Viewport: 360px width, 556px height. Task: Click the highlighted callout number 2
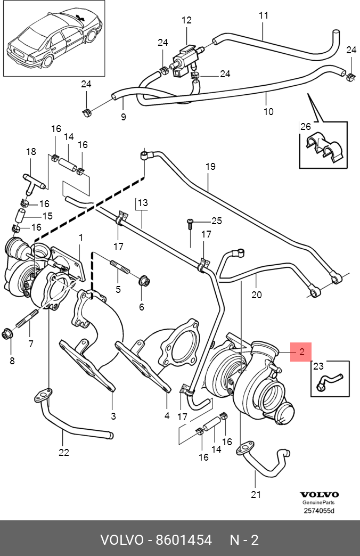301,351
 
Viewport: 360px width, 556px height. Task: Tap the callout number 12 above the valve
186,21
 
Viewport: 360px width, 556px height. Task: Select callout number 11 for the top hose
264,15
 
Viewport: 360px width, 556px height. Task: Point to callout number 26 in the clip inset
305,127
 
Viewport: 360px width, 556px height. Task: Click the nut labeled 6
144,281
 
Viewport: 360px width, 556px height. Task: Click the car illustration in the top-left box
53,37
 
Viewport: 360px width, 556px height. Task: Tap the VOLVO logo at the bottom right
319,495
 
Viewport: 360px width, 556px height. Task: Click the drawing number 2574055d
319,511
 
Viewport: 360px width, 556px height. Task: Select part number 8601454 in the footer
184,540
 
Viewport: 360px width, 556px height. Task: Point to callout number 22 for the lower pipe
64,453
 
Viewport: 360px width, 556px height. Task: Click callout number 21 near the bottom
256,495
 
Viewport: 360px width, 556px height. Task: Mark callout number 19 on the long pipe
210,167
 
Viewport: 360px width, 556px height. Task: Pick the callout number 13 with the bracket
142,203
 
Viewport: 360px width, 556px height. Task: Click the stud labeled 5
120,266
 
